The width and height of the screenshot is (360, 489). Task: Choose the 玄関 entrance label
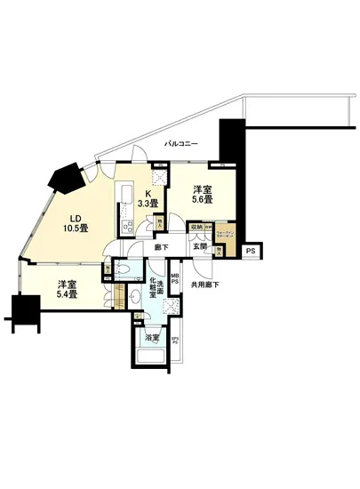(x=201, y=248)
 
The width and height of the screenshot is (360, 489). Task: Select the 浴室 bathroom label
(x=152, y=338)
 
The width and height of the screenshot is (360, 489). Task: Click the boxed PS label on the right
(x=252, y=252)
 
